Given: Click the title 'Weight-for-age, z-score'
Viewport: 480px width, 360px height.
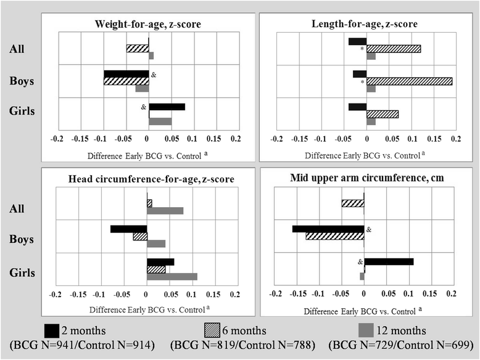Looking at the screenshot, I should point(148,23).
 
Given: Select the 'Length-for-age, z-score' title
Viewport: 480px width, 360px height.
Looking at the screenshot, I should point(365,23).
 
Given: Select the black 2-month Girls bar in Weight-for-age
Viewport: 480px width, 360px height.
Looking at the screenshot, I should point(167,107).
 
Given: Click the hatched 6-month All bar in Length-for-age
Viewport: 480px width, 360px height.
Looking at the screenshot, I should point(394,49).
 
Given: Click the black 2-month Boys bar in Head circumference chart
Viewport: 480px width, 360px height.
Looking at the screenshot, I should point(128,229).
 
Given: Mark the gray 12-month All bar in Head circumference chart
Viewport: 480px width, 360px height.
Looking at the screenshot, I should point(165,211).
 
